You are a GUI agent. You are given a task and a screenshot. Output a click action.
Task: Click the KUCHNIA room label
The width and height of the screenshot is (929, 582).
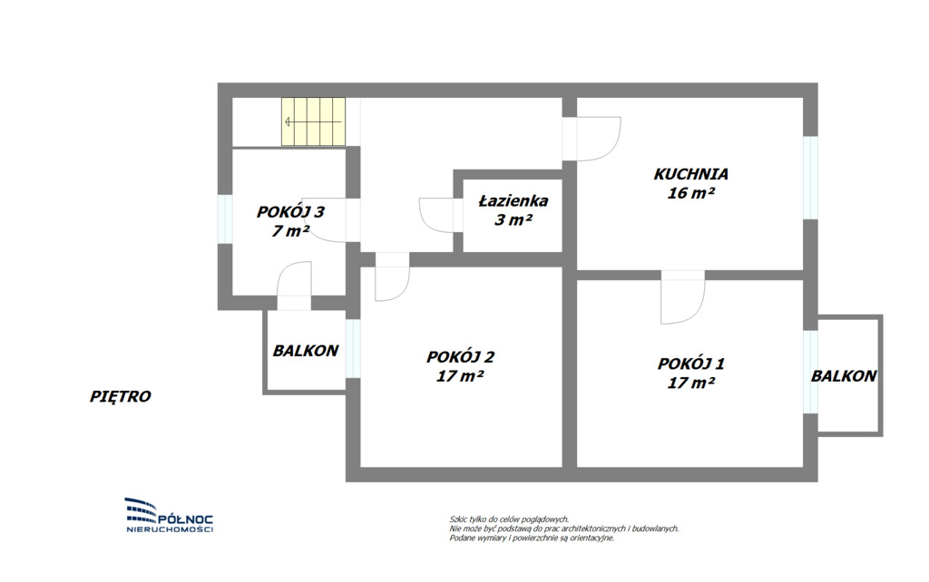[690, 174]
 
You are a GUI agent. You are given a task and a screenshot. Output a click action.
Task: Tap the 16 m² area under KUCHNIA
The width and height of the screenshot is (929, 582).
[690, 193]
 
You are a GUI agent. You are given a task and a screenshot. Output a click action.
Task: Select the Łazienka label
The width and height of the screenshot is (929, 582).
[513, 200]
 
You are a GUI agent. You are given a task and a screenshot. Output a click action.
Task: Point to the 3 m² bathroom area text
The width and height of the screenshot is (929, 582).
[513, 219]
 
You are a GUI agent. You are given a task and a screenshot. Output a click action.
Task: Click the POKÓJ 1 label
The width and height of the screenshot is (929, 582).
[690, 363]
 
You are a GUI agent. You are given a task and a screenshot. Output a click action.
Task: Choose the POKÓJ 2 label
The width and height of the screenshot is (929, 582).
[460, 357]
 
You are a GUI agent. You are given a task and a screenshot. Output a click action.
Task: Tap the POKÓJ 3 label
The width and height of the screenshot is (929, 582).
[290, 211]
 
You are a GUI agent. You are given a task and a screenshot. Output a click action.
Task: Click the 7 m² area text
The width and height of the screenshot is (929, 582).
[290, 231]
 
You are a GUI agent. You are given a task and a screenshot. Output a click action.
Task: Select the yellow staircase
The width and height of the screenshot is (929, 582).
[313, 121]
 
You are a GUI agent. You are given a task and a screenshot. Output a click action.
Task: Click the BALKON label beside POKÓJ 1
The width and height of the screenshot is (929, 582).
[844, 376]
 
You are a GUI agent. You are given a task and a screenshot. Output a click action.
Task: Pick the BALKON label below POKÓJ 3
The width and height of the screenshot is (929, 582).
[306, 351]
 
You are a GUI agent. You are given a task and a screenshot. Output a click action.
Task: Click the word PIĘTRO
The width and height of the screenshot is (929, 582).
[121, 396]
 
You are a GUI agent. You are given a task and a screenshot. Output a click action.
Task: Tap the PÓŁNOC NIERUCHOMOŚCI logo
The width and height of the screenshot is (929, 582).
[170, 515]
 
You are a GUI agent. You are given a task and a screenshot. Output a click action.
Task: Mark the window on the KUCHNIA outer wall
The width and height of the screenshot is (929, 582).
[810, 178]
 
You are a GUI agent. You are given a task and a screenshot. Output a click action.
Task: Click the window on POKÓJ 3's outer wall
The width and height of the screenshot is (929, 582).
[225, 218]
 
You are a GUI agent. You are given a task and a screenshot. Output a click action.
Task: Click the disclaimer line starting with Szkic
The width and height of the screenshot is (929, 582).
[509, 519]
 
